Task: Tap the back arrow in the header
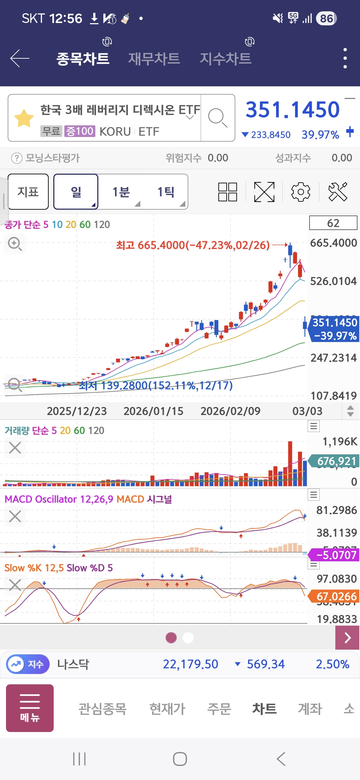(20, 58)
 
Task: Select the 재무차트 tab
(154, 59)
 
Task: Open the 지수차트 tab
(225, 59)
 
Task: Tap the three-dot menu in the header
(345, 58)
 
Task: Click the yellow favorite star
(24, 118)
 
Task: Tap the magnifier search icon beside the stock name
(218, 118)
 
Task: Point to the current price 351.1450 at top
(292, 110)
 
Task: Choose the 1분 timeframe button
(121, 192)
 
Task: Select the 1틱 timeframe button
(166, 192)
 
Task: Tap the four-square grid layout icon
(228, 192)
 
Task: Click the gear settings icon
(301, 192)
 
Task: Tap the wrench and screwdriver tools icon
(338, 192)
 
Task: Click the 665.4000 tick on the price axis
(333, 243)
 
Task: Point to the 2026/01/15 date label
(153, 411)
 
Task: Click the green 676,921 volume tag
(336, 461)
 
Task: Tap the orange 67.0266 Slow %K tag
(336, 596)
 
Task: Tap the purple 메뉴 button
(30, 708)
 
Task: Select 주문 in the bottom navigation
(219, 709)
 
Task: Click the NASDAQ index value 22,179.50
(190, 664)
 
